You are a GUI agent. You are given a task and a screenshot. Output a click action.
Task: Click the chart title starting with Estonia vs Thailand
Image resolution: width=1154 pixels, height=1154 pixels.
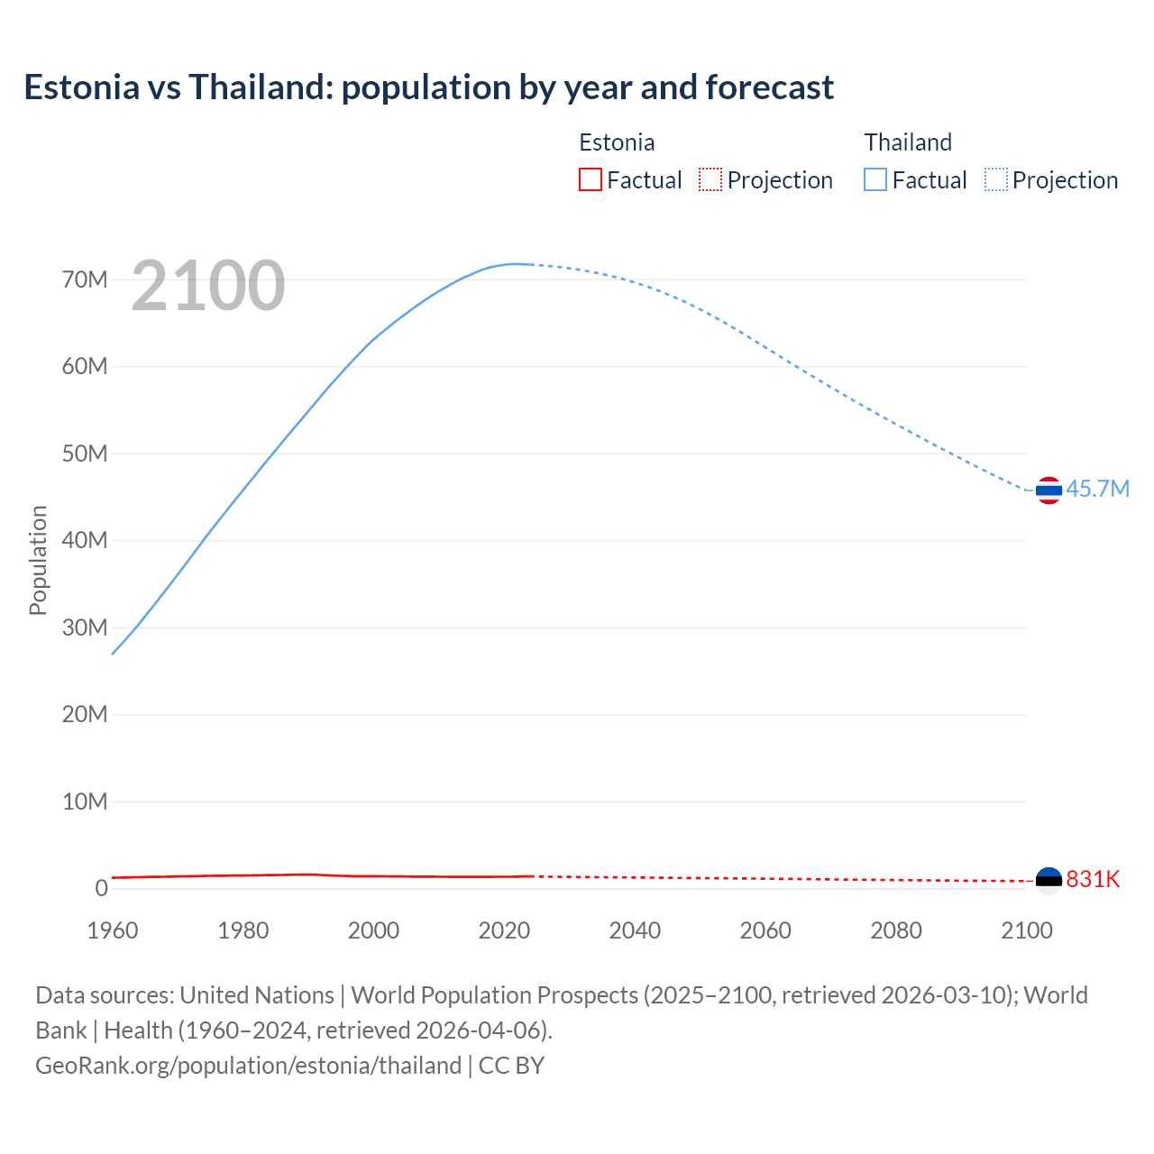429,87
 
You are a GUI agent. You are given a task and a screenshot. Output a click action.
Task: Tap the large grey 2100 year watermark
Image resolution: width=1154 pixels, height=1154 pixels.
208,286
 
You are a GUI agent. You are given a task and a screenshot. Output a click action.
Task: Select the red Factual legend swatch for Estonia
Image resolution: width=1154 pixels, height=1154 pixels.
590,180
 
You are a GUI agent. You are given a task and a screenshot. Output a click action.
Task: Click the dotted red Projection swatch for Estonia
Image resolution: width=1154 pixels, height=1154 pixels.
710,180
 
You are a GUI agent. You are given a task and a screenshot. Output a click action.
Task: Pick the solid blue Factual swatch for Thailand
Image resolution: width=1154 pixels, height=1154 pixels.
875,180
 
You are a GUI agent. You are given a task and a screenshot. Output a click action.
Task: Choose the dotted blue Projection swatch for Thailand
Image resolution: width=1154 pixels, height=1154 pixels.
996,180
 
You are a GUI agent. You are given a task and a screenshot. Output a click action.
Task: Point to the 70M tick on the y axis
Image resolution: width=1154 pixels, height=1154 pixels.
85,279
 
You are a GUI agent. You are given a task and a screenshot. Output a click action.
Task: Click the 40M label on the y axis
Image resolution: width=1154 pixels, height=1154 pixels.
85,541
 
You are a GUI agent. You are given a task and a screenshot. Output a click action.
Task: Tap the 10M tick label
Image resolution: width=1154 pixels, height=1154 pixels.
85,801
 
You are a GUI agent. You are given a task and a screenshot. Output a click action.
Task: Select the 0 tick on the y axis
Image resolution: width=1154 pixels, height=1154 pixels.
101,889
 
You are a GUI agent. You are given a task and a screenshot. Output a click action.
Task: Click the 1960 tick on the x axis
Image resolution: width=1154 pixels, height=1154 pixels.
113,930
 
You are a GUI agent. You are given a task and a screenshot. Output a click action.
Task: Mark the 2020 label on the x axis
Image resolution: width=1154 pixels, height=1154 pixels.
504,930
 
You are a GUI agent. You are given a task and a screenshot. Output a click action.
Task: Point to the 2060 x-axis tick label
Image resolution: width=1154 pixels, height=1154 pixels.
765,930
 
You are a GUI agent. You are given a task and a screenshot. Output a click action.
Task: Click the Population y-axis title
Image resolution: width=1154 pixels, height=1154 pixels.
38,560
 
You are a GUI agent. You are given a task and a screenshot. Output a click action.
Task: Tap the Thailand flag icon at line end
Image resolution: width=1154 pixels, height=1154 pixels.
1049,490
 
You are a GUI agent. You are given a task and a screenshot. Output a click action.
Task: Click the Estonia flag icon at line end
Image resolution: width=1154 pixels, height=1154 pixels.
1049,880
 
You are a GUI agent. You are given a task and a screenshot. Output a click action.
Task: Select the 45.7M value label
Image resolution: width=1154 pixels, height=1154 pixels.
1097,489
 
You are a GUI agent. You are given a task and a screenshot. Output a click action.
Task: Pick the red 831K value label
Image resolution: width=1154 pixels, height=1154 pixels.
1093,879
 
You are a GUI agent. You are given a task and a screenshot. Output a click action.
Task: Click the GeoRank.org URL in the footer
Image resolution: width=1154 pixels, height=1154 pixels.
248,1066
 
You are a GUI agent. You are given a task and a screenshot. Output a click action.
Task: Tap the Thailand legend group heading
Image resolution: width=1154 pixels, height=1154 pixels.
908,142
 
